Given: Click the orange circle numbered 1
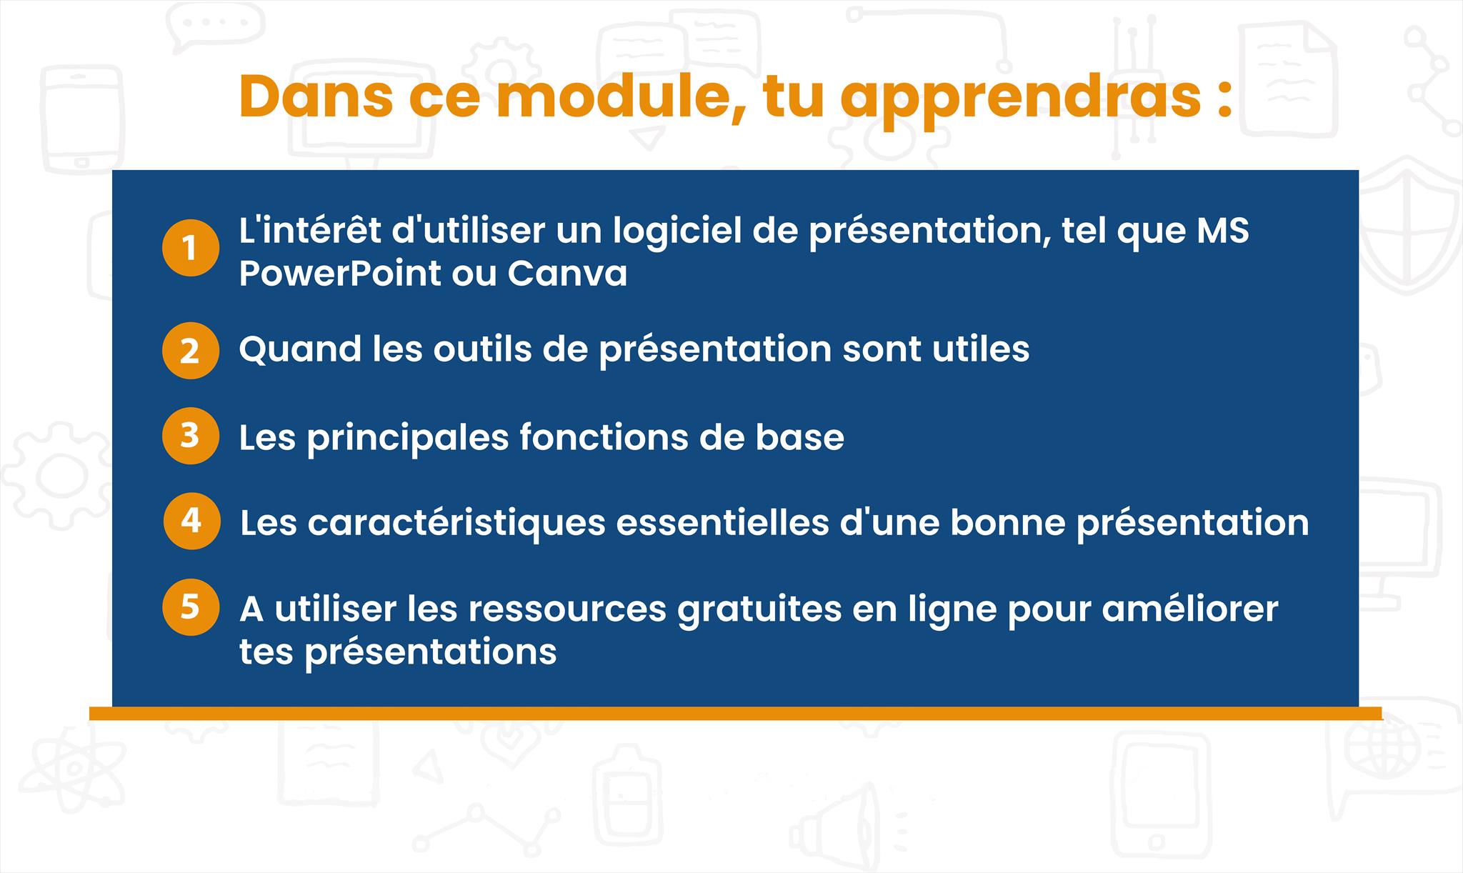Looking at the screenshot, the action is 190,248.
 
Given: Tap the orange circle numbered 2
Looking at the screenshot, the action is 190,351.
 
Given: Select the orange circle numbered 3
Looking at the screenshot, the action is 190,436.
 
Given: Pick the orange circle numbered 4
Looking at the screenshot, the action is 191,521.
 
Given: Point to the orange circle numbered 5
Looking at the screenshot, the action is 190,607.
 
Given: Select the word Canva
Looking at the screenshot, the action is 567,274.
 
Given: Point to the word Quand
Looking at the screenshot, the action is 300,349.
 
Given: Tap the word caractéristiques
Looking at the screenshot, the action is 456,524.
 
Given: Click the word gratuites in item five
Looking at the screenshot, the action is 759,609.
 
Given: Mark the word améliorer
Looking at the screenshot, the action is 1190,609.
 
